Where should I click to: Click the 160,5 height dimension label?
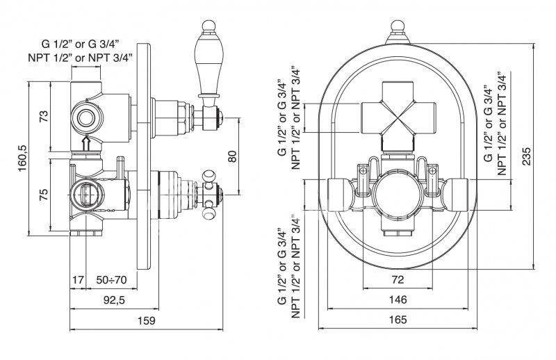pos(23,158)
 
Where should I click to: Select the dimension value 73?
pos(43,117)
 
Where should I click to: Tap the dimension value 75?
pos(43,195)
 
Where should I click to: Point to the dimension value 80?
pos(232,156)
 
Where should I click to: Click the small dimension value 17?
pos(78,280)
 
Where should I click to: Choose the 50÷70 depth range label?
pos(111,280)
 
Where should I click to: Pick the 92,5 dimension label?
pos(114,300)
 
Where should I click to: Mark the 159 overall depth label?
pos(147,320)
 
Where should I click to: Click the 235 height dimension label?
pos(527,156)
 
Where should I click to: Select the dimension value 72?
pos(398,279)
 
